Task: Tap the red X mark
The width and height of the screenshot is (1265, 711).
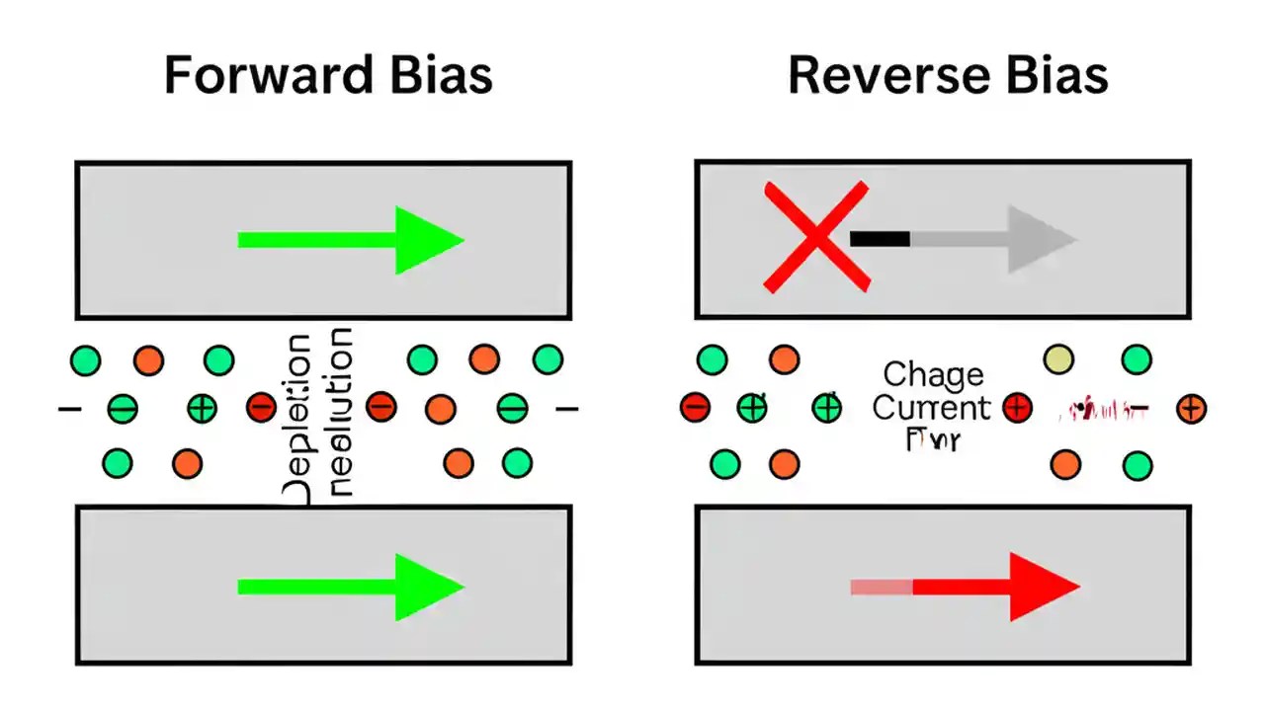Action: [816, 237]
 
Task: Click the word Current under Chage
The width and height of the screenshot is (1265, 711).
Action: [931, 407]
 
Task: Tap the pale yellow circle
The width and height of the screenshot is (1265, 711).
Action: [1058, 359]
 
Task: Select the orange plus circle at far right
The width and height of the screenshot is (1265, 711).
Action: [1192, 408]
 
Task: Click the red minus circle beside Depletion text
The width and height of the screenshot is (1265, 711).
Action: [261, 406]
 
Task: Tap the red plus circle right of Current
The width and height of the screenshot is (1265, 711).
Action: [1017, 407]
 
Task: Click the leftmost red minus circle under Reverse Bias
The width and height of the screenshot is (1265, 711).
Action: [695, 407]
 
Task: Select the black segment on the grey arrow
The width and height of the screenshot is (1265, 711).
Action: [880, 238]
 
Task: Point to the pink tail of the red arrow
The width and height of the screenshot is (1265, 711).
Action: [882, 587]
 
